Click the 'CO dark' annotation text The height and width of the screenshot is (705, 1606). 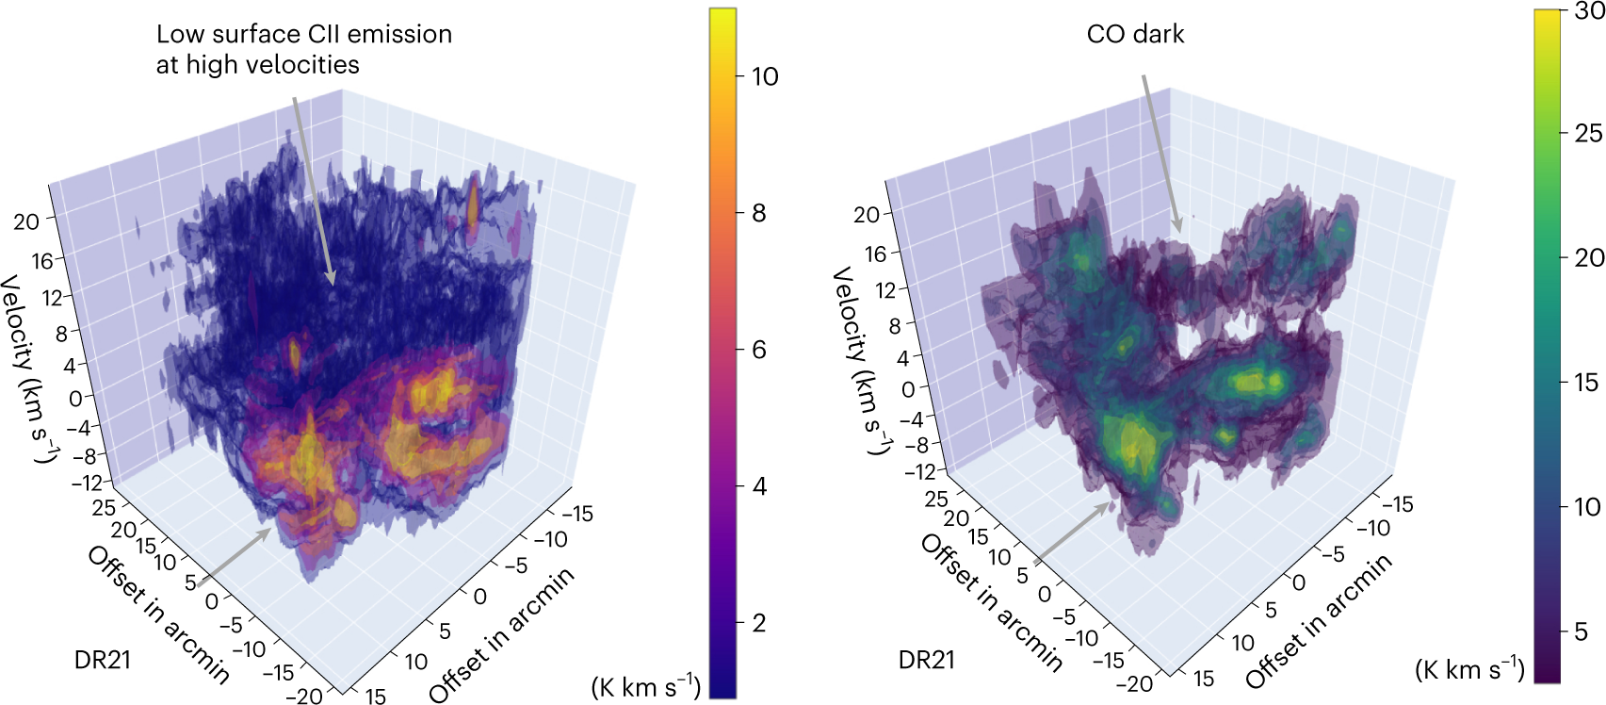1134,34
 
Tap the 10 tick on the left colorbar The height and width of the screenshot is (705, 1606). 765,76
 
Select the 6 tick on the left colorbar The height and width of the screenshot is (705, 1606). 758,350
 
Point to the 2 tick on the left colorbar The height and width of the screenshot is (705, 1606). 758,623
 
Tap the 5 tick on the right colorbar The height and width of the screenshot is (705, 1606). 1582,631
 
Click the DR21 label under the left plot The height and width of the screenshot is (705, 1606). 102,660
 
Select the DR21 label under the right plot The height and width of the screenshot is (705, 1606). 926,660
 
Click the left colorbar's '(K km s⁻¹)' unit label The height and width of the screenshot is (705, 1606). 645,686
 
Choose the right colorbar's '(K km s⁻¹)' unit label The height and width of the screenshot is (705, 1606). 1469,669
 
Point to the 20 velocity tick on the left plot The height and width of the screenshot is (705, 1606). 26,221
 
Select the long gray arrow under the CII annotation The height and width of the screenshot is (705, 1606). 312,189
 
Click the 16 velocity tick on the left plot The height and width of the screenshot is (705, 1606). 41,260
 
